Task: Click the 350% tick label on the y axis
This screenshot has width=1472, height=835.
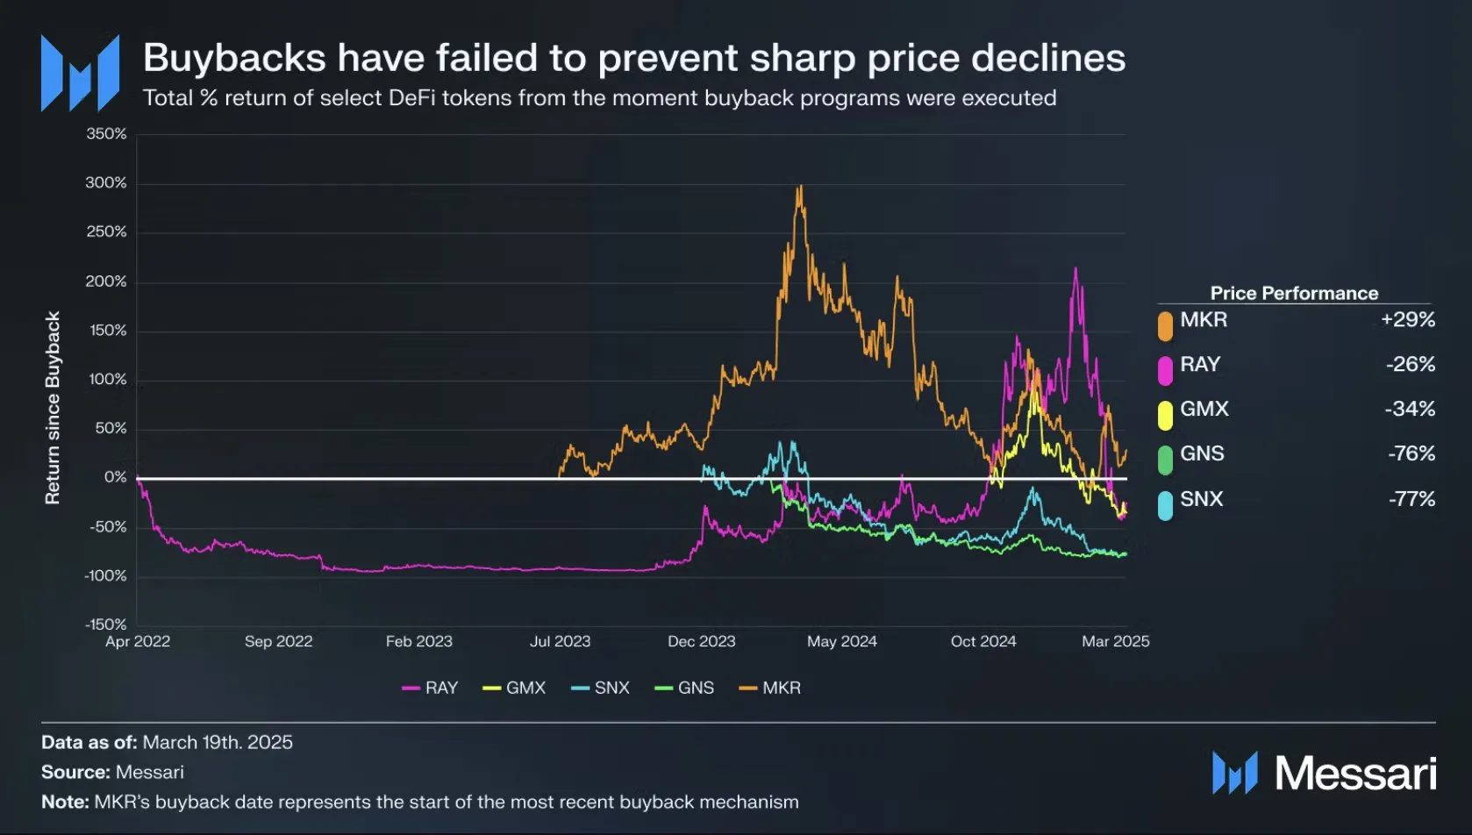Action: click(x=106, y=134)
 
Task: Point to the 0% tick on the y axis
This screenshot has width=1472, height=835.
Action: click(x=116, y=477)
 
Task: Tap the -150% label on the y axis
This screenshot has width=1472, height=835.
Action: click(x=106, y=624)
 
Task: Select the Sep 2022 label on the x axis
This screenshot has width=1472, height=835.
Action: click(x=278, y=641)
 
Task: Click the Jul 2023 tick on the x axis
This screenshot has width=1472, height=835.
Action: click(x=560, y=641)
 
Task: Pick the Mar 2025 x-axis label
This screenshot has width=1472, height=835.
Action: click(x=1115, y=641)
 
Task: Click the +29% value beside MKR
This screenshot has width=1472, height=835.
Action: click(x=1407, y=319)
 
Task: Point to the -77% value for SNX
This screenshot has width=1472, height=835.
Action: click(x=1411, y=499)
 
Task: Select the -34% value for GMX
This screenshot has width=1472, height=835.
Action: click(x=1410, y=409)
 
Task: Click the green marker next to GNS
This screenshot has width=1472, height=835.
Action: click(x=1165, y=460)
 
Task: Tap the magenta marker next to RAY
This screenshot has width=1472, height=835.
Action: click(x=1165, y=370)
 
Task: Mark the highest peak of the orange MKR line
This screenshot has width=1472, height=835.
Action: click(x=800, y=186)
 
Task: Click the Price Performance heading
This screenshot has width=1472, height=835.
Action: click(x=1294, y=293)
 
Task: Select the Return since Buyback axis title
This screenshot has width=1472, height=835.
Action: click(x=53, y=408)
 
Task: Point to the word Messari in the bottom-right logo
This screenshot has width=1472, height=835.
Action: click(x=1354, y=774)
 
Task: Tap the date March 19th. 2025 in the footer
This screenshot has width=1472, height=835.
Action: click(x=218, y=742)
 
